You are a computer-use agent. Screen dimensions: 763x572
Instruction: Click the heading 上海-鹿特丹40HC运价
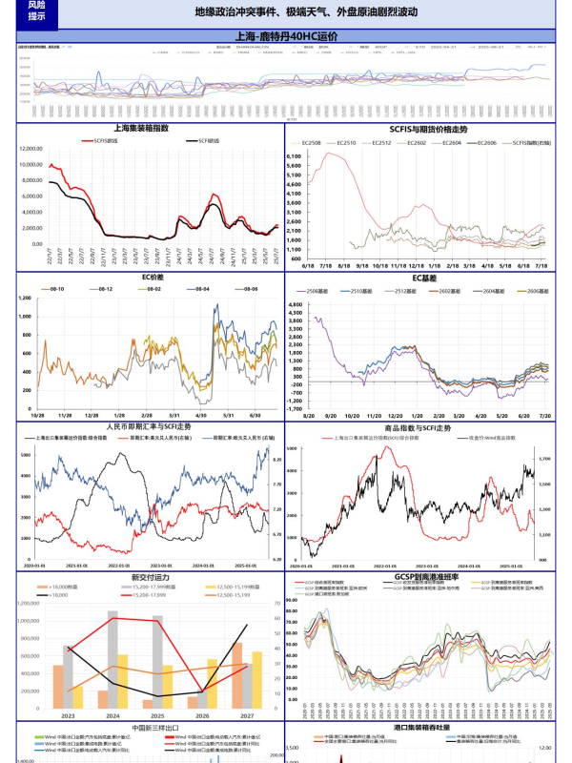click(x=286, y=36)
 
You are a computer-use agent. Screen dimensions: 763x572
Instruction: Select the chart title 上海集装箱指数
click(x=141, y=127)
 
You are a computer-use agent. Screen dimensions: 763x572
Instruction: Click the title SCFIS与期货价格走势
click(x=428, y=127)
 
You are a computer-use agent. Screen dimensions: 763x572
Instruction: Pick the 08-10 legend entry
click(x=54, y=288)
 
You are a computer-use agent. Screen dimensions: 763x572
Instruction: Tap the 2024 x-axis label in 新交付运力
click(x=112, y=715)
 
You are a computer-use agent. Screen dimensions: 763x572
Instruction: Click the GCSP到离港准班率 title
click(x=426, y=576)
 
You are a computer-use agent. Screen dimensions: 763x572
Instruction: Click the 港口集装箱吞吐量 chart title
click(x=427, y=729)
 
